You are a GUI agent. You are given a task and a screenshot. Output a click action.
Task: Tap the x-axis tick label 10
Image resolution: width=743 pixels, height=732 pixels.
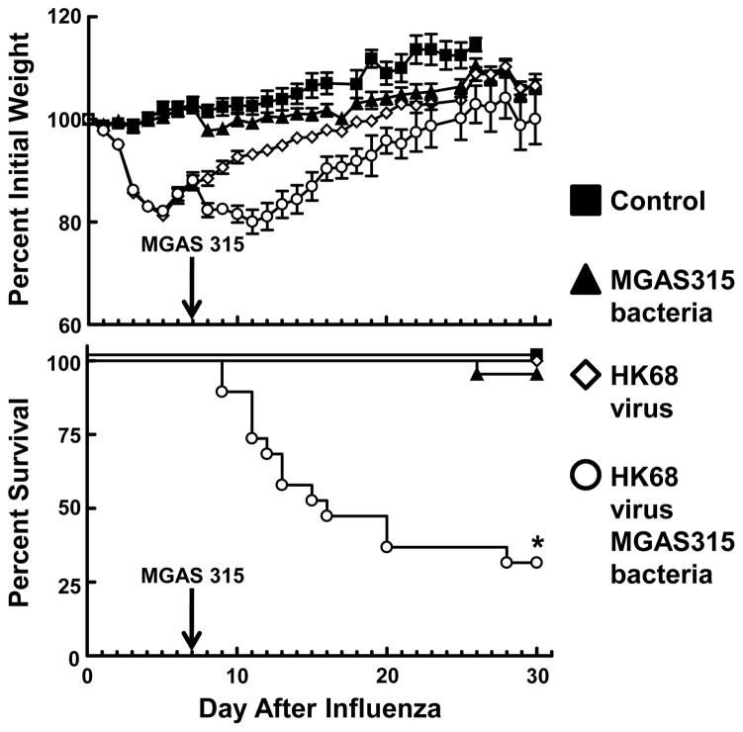click(x=237, y=679)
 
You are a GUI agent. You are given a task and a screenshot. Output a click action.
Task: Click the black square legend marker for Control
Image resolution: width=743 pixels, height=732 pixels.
click(x=586, y=200)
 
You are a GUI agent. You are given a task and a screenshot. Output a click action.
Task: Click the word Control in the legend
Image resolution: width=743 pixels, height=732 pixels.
click(x=657, y=200)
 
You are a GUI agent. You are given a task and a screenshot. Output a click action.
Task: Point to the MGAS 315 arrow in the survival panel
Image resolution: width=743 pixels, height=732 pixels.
click(x=192, y=622)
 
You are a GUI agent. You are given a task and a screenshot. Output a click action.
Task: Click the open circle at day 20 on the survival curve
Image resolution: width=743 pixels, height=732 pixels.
click(x=387, y=547)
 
